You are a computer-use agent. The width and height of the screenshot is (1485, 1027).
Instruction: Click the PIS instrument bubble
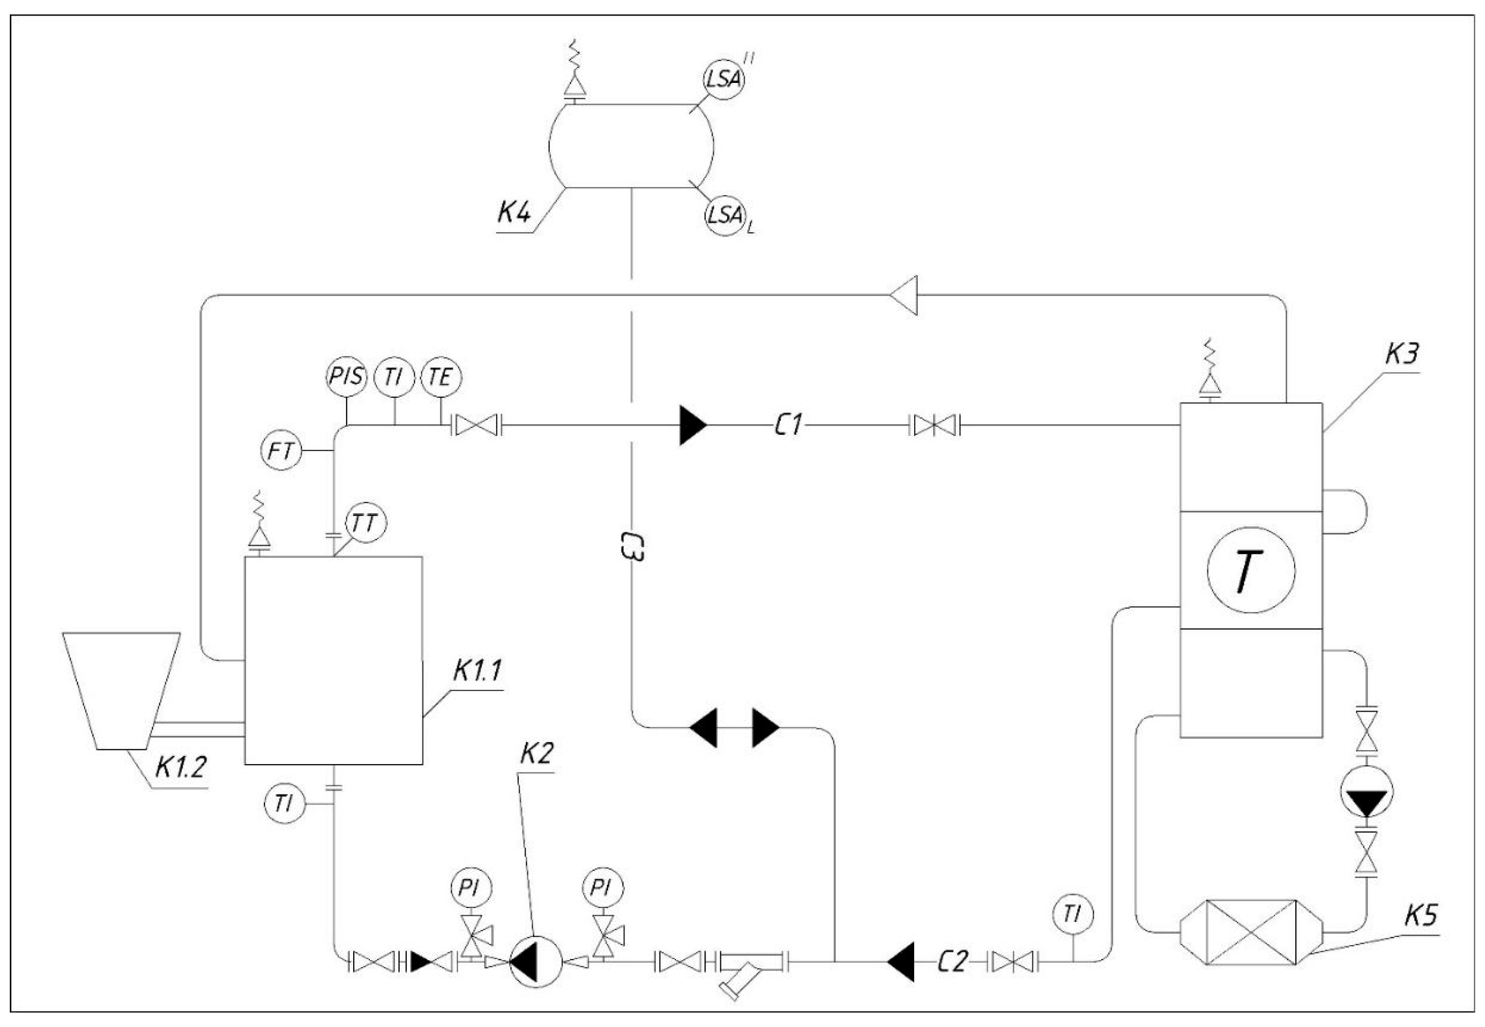tap(346, 377)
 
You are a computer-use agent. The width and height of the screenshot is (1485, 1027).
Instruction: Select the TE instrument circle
tap(441, 377)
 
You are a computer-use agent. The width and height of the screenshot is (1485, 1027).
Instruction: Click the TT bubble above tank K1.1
tap(366, 524)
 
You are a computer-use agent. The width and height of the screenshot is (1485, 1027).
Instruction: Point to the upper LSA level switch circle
tap(723, 80)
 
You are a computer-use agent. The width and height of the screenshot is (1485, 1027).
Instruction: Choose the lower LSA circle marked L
tap(723, 215)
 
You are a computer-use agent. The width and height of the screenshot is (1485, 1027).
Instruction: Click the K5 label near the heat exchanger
tap(1420, 916)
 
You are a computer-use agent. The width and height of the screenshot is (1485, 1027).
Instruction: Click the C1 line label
tap(788, 425)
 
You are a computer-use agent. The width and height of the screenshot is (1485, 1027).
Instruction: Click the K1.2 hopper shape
tap(121, 688)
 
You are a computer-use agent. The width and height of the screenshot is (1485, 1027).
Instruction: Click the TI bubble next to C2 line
tap(1072, 914)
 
